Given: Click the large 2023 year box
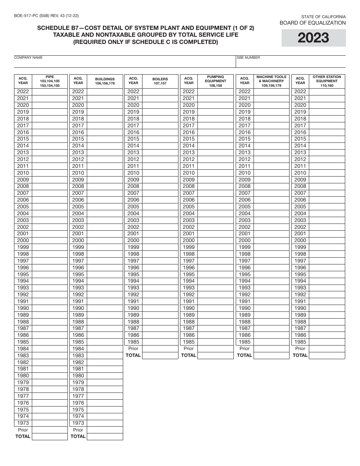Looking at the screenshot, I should click(x=313, y=38).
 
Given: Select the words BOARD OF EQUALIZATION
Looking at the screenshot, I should click(x=313, y=23).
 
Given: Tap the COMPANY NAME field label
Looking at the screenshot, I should click(x=28, y=58).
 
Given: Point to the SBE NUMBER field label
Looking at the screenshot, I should click(x=248, y=58).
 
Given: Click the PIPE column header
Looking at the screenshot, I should click(x=50, y=81).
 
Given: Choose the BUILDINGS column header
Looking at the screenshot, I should click(x=105, y=81).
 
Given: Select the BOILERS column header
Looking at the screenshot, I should click(x=160, y=81).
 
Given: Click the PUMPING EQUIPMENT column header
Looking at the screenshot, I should click(x=215, y=81).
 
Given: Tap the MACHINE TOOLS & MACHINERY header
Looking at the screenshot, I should click(x=271, y=81).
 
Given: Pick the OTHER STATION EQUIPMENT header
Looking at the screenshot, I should click(x=327, y=81).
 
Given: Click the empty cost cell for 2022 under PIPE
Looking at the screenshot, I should click(x=50, y=92).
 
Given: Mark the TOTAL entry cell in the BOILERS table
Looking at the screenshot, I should click(x=160, y=355).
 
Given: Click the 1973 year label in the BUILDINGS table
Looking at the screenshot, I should click(x=78, y=423).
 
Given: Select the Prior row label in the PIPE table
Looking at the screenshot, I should click(x=23, y=430).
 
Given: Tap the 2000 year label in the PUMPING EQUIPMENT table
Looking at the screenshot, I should click(x=189, y=241).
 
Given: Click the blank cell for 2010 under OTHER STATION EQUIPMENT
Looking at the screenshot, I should click(x=327, y=173).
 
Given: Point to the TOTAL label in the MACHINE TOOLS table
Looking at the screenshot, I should click(x=244, y=355).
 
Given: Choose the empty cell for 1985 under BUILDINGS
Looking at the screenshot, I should click(x=105, y=342).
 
